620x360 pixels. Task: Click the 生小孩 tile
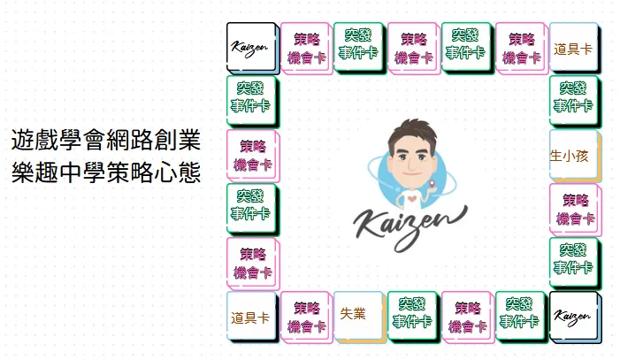pyautogui.click(x=574, y=156)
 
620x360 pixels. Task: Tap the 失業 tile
pyautogui.click(x=358, y=314)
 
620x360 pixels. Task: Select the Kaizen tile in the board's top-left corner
pyautogui.click(x=249, y=46)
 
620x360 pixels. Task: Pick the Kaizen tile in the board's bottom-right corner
pyautogui.click(x=573, y=315)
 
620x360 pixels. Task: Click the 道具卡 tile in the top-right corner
pyautogui.click(x=573, y=48)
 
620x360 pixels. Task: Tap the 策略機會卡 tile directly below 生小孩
pyautogui.click(x=575, y=209)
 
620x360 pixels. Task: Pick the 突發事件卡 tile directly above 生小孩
pyautogui.click(x=573, y=98)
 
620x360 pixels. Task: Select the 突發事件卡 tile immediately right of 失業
pyautogui.click(x=412, y=315)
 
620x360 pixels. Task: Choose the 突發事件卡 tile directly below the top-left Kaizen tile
pyautogui.click(x=249, y=97)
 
